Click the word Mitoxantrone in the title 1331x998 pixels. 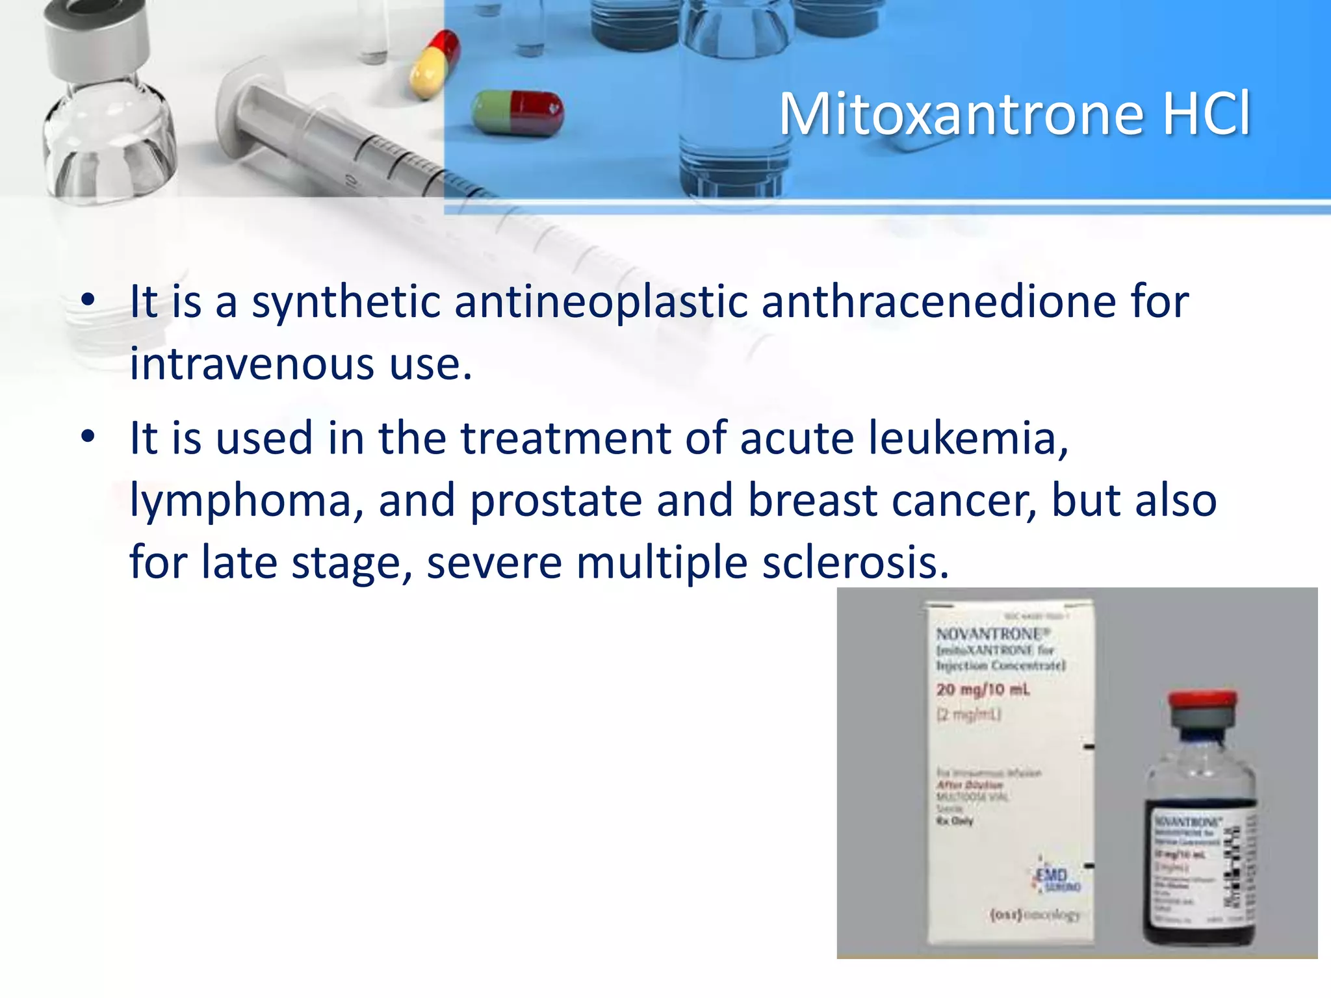(x=961, y=114)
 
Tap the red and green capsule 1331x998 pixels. (x=517, y=112)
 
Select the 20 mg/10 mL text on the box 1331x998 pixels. (x=983, y=689)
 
